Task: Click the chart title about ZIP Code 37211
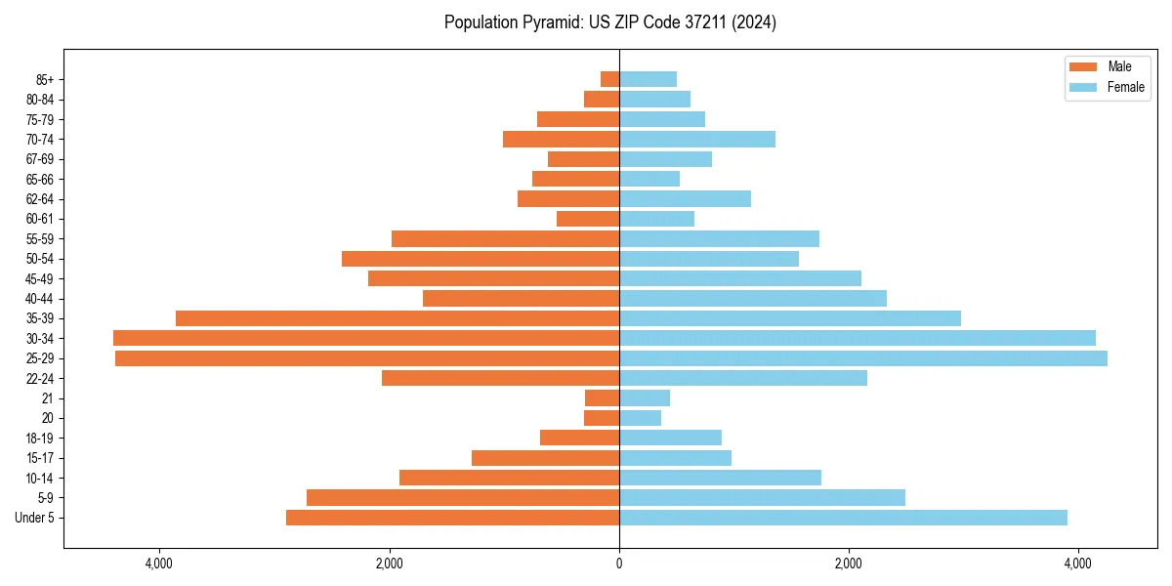pos(609,22)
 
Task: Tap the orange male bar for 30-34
pos(366,338)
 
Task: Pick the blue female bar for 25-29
pos(863,358)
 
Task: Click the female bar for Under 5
pos(843,518)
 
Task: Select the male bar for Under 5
pos(452,518)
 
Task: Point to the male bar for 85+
pos(609,79)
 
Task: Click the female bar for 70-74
pos(697,139)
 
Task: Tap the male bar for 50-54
pos(481,259)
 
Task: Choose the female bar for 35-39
pos(790,318)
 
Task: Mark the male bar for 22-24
pos(500,378)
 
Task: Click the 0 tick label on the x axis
pos(619,564)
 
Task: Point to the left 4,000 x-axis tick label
pos(159,564)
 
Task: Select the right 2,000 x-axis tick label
pos(849,564)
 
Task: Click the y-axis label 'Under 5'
pos(35,518)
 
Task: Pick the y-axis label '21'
pos(48,398)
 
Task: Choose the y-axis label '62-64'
pos(40,199)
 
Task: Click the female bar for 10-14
pos(720,478)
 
